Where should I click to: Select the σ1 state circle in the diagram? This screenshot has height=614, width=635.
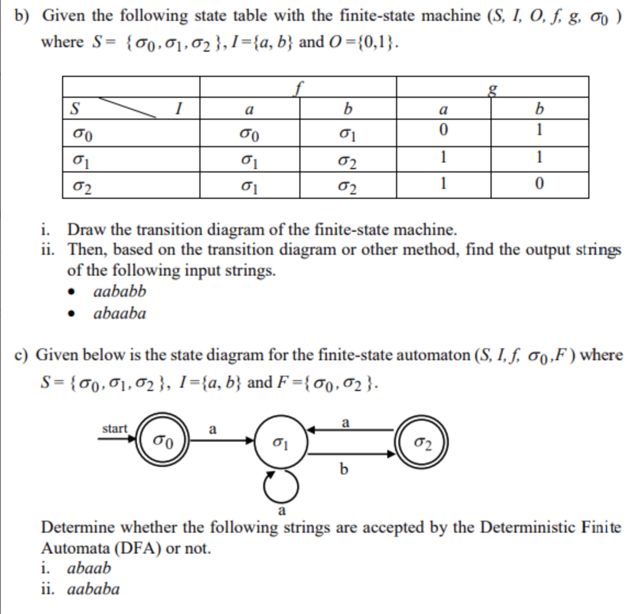tap(280, 441)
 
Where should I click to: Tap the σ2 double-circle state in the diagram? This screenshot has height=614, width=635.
tap(422, 442)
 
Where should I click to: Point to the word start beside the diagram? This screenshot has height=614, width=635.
tap(114, 428)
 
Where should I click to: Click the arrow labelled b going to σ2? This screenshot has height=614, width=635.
tap(352, 454)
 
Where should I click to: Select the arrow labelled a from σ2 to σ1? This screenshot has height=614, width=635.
tap(352, 430)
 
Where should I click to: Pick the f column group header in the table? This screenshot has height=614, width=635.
tap(298, 87)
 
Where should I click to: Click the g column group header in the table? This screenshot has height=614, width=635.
tap(493, 87)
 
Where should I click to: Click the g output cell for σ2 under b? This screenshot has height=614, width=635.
tap(539, 185)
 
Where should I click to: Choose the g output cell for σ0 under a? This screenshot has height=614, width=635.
tap(443, 130)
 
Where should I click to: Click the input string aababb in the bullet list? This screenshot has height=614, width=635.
tap(120, 291)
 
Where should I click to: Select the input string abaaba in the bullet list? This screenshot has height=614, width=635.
tap(120, 314)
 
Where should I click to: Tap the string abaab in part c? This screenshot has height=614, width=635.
tap(89, 568)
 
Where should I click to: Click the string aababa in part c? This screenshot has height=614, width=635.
tap(93, 589)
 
